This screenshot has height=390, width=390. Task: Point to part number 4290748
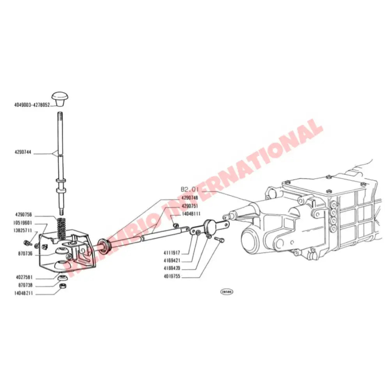(190, 198)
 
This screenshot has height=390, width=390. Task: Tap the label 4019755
(172, 277)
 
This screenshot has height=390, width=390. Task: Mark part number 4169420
(172, 269)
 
